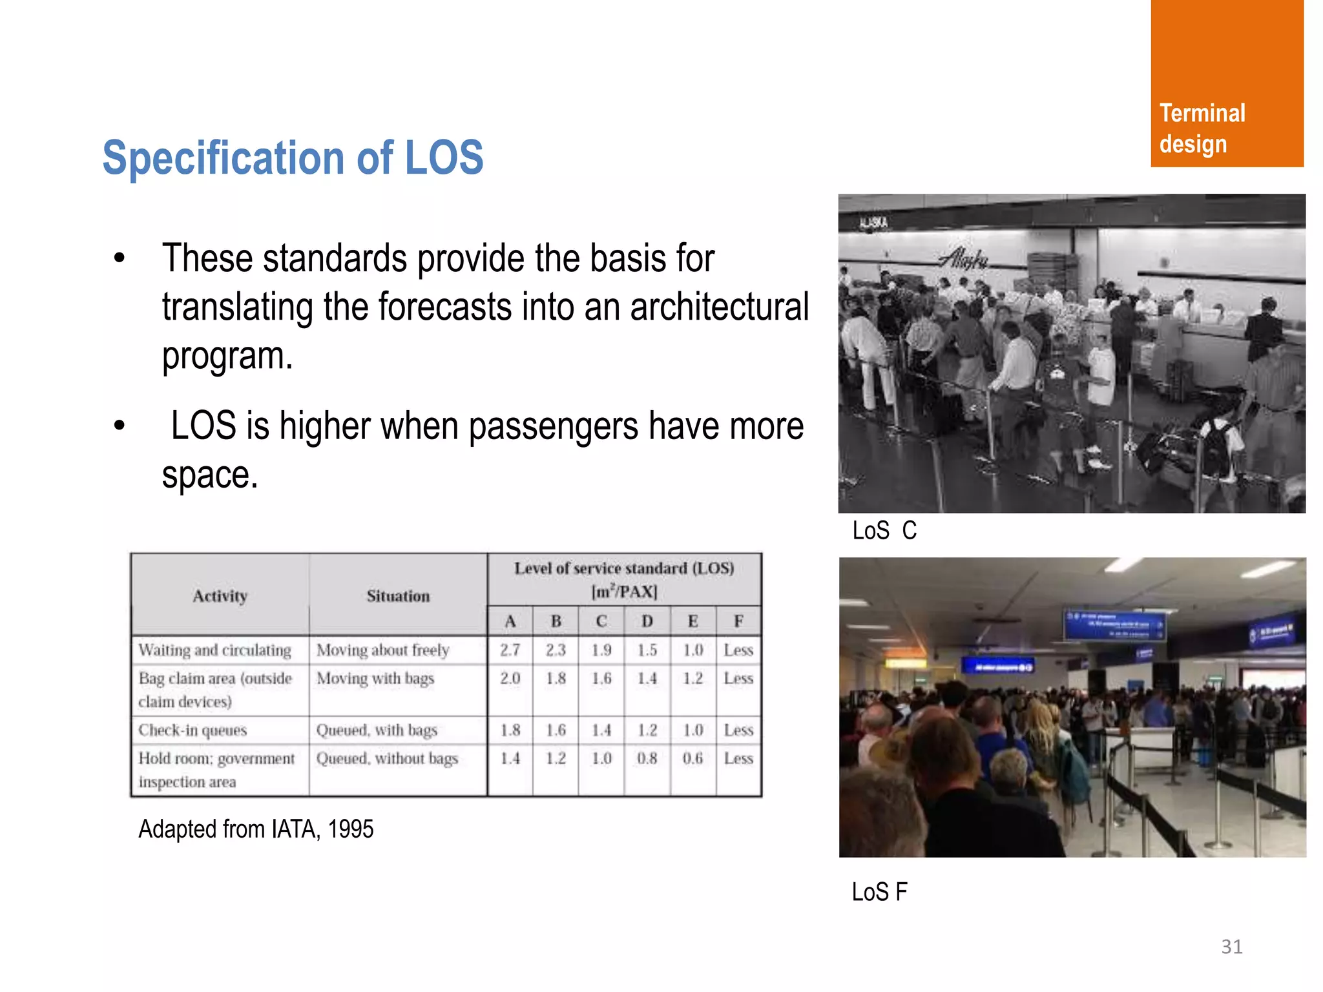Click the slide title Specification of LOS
pyautogui.click(x=293, y=158)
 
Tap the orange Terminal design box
pyautogui.click(x=1226, y=84)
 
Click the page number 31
pyautogui.click(x=1231, y=946)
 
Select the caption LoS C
pyautogui.click(x=884, y=531)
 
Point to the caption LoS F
pyautogui.click(x=879, y=892)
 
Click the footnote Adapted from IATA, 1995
pyautogui.click(x=256, y=829)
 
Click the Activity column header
pyautogui.click(x=220, y=595)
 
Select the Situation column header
pyautogui.click(x=398, y=595)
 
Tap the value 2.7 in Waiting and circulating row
pyautogui.click(x=510, y=650)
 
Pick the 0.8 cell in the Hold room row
pyautogui.click(x=647, y=758)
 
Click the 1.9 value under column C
pyautogui.click(x=601, y=650)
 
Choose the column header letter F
pyautogui.click(x=738, y=621)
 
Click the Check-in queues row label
pyautogui.click(x=193, y=730)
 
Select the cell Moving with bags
pyautogui.click(x=375, y=678)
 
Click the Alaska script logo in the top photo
pyautogui.click(x=963, y=259)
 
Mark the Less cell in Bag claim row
pyautogui.click(x=738, y=678)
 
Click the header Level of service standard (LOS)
pyautogui.click(x=624, y=568)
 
